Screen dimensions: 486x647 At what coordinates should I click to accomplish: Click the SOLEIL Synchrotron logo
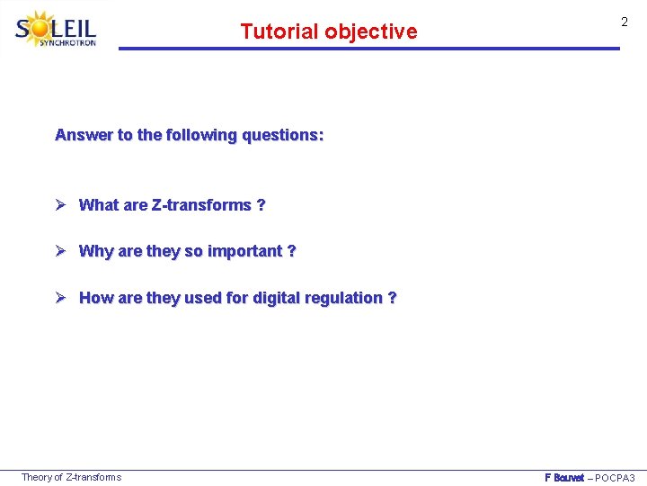[56, 29]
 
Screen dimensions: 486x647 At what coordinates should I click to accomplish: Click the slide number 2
[624, 22]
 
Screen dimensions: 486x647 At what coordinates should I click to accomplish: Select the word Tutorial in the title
[279, 31]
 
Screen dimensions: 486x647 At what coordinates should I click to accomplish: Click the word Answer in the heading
[84, 135]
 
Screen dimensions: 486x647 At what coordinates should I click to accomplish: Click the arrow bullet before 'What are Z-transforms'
[62, 204]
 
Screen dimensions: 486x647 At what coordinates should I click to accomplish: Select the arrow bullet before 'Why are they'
[62, 251]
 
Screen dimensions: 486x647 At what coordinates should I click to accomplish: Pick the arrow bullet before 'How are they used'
[62, 298]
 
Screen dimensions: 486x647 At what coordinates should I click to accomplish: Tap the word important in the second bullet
[244, 251]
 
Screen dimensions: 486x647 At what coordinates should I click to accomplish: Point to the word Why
[94, 251]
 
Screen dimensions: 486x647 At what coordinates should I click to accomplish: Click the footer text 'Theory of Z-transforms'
[71, 477]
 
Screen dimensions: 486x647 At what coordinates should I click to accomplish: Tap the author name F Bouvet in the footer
[564, 478]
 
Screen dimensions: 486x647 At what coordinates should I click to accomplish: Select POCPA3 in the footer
[616, 478]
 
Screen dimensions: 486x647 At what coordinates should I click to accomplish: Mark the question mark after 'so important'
[291, 251]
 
